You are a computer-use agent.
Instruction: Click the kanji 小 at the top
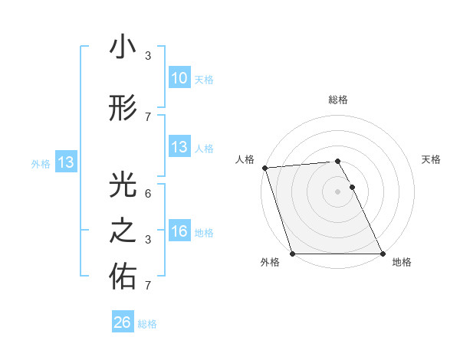pos(123,47)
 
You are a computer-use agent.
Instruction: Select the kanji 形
pos(123,108)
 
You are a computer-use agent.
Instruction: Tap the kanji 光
pos(123,185)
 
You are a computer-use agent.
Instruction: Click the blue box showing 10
pos(179,78)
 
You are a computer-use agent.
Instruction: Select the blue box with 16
pos(179,231)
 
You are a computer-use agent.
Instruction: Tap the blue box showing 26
pos(123,322)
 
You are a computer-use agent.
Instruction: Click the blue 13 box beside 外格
pos(65,162)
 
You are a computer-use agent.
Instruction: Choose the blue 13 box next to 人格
pos(179,147)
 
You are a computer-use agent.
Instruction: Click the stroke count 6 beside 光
pos(148,194)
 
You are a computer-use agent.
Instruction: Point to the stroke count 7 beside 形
pos(148,116)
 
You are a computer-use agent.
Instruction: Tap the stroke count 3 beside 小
pos(148,56)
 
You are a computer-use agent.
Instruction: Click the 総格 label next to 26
pos(147,324)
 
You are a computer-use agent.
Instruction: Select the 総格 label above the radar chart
pos(337,100)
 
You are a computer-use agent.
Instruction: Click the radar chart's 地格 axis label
pos(402,262)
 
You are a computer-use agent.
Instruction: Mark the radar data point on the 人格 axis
pos(264,168)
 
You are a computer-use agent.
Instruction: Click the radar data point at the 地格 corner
pos(382,254)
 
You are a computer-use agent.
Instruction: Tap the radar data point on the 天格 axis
pos(352,187)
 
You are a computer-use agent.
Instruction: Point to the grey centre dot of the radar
pos(337,191)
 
